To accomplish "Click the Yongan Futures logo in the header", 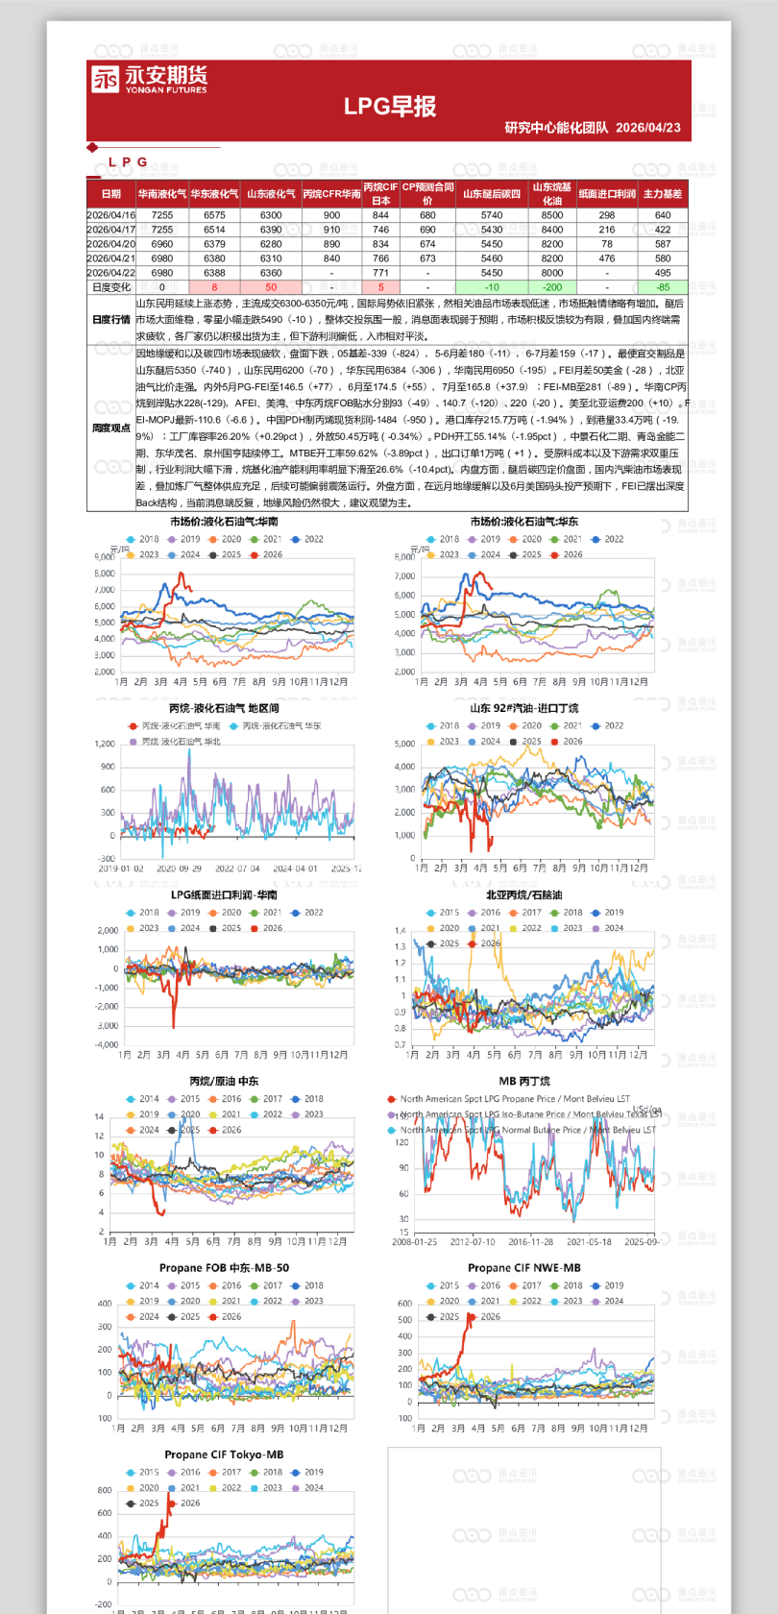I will point(149,80).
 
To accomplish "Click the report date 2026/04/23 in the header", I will point(648,128).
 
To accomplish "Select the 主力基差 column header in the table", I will point(663,194).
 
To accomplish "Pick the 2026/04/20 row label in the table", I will point(110,244).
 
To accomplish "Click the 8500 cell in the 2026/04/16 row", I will point(552,215).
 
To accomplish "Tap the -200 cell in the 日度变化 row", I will point(552,287).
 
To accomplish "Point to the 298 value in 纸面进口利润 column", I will point(607,215).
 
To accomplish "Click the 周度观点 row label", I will point(110,428).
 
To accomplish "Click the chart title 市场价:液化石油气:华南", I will point(224,522).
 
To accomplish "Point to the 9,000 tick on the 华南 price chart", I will point(105,557).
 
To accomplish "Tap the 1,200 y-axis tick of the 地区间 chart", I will point(105,744).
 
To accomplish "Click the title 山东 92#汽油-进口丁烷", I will point(524,708).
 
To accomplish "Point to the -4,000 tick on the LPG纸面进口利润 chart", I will point(107,1044).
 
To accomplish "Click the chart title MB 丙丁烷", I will point(524,1081).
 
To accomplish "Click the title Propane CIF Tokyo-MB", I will point(224,1455).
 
